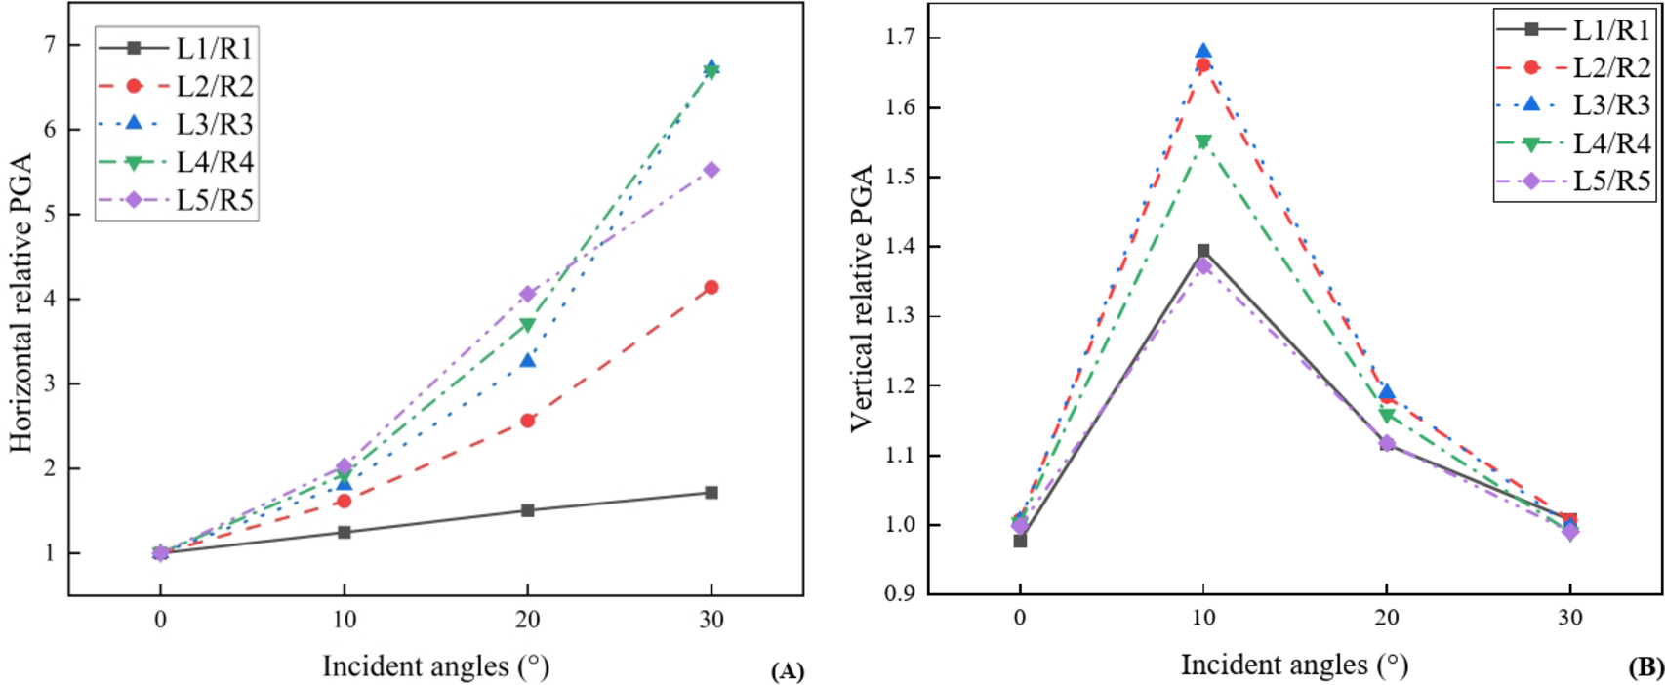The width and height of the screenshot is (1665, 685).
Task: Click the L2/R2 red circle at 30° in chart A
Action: coord(711,287)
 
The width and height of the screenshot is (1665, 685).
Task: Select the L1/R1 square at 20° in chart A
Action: coord(528,510)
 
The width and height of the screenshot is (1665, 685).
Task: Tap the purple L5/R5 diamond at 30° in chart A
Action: coord(711,170)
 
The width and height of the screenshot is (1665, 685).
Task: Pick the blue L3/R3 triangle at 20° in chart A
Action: coord(528,360)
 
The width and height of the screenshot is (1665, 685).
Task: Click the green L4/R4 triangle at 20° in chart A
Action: coord(528,325)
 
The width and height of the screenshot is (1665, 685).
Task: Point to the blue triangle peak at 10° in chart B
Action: coord(1203,51)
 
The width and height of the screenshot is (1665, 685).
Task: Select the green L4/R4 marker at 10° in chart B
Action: coord(1203,142)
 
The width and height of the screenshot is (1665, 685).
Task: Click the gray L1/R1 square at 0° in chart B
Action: coord(1020,541)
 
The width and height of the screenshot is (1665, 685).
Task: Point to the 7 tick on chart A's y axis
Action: coord(47,45)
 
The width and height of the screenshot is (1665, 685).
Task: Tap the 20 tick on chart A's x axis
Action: coord(528,622)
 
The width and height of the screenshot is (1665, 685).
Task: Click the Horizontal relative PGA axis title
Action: coord(21,302)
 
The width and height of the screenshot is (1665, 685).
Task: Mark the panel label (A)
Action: coord(787,671)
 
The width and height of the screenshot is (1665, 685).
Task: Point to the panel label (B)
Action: coord(1645,667)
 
